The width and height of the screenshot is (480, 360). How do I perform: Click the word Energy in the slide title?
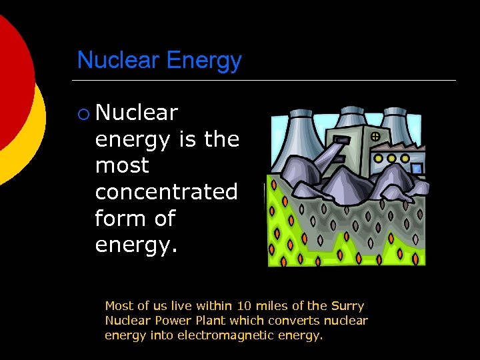204,61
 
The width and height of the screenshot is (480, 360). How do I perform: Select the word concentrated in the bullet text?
166,192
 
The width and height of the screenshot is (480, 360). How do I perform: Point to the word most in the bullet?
122,166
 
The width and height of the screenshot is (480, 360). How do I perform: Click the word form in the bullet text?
121,219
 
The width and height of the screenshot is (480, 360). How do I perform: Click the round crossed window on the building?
375,137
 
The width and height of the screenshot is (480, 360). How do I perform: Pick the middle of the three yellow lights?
391,159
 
